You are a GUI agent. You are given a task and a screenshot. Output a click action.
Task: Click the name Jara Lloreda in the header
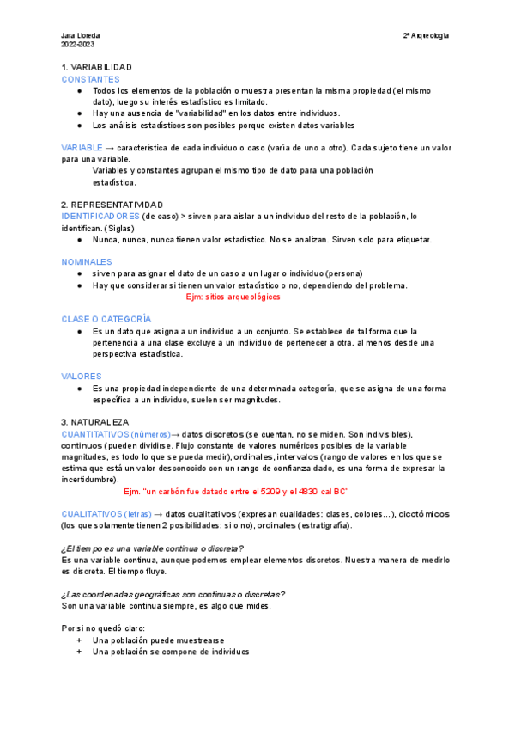point(77,35)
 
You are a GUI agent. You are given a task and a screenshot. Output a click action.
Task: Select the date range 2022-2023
point(77,44)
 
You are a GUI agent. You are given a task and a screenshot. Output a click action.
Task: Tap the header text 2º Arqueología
point(427,35)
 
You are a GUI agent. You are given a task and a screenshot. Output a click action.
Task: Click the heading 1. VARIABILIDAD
point(97,67)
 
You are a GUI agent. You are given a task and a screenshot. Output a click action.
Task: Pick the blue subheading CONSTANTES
point(90,78)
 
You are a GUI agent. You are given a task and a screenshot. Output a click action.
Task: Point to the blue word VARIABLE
point(82,148)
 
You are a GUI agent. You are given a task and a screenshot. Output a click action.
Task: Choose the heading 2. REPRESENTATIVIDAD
point(112,205)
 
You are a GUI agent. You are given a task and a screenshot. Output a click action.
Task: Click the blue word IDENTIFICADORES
point(100,216)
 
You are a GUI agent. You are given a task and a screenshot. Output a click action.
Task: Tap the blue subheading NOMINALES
point(87,261)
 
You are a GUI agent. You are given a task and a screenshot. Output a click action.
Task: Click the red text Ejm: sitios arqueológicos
point(233,297)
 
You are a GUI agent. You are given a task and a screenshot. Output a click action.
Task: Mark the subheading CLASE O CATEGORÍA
point(106,319)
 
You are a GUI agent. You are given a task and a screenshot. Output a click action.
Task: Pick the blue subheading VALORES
point(82,377)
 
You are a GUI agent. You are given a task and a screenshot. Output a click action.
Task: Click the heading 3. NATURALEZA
point(94,422)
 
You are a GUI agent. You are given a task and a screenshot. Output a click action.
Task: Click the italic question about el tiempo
point(152,548)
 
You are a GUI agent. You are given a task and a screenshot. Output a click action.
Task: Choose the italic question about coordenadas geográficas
point(173,594)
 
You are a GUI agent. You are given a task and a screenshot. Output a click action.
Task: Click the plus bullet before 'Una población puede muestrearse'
point(79,640)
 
